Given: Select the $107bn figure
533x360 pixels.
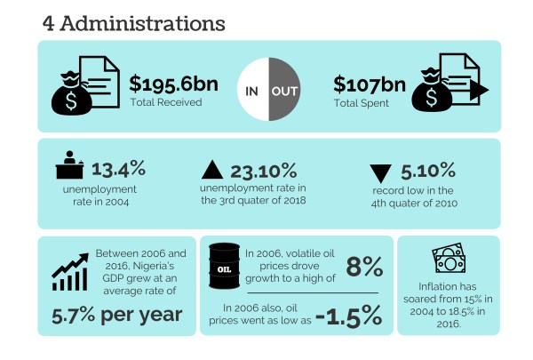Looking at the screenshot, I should pos(368,84).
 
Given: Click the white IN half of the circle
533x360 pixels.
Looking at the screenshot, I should pos(251,91).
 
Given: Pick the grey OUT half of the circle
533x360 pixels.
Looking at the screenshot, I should pos(285,91).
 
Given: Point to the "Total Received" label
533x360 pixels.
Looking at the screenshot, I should pos(165,102).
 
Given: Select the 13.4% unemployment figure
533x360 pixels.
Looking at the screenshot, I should pos(118,168).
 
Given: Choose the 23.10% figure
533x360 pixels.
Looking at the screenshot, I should pos(262,171).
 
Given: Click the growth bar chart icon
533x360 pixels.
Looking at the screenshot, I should pos(68,271).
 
